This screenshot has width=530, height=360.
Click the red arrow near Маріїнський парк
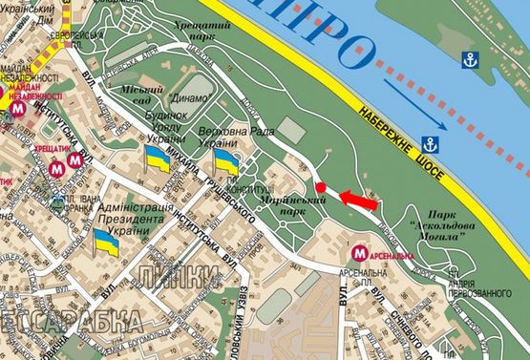pyautogui.click(x=355, y=200)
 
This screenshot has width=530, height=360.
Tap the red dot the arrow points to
pyautogui.click(x=322, y=187)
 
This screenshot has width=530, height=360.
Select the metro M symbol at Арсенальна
pyautogui.click(x=360, y=254)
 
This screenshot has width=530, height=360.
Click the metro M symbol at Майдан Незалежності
pyautogui.click(x=20, y=110)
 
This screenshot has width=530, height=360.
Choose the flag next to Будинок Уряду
pyautogui.click(x=157, y=159)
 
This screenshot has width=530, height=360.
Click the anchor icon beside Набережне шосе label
pyautogui.click(x=430, y=145)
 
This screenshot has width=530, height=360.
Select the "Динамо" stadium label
pyautogui.click(x=189, y=96)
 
